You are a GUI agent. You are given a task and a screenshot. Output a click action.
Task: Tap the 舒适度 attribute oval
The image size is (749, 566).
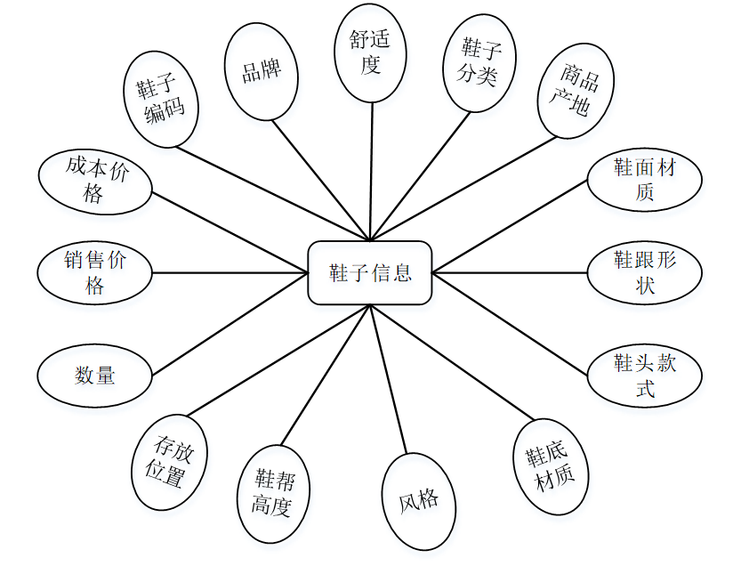pyautogui.click(x=370, y=51)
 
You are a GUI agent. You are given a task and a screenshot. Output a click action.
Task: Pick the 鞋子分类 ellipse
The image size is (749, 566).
pyautogui.click(x=479, y=62)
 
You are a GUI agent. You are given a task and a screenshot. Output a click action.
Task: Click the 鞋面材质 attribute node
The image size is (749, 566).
pyautogui.click(x=644, y=180)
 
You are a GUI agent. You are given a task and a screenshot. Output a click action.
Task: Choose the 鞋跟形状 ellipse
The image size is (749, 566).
pyautogui.click(x=644, y=272)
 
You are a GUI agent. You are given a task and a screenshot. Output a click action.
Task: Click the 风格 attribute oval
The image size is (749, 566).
pyautogui.click(x=418, y=500)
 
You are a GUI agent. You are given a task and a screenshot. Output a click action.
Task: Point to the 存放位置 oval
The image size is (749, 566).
pyautogui.click(x=168, y=461)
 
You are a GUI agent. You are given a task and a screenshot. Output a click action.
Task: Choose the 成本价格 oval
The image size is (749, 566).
pyautogui.click(x=95, y=182)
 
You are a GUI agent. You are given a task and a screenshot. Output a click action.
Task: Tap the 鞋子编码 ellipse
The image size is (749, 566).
pyautogui.click(x=161, y=99)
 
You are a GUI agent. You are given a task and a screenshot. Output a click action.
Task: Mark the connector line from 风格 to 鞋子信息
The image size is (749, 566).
pyautogui.click(x=390, y=383)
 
